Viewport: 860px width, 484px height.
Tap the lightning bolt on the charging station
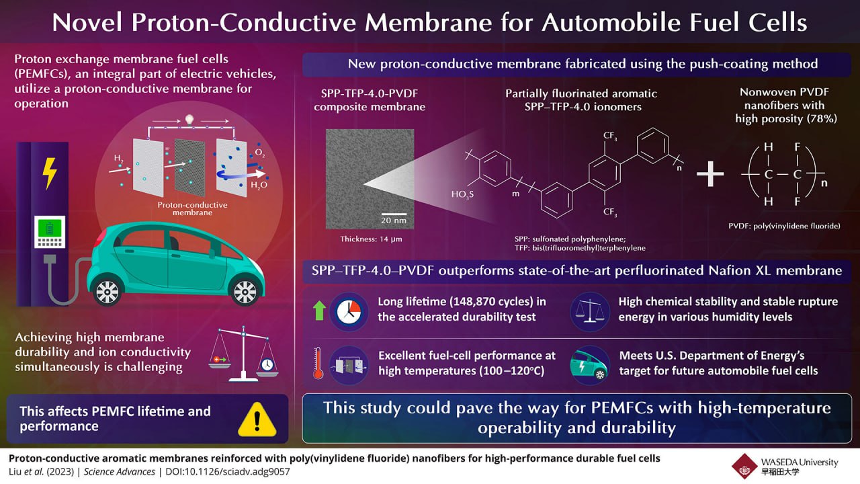coord(49,173)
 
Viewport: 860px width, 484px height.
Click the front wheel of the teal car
coord(243,290)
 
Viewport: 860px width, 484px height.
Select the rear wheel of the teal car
coord(108,291)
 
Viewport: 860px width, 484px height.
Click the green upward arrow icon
coord(320,310)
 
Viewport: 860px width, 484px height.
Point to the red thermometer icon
coord(316,364)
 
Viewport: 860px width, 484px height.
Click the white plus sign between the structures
coord(710,175)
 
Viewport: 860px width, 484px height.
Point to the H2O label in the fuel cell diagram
coord(257,184)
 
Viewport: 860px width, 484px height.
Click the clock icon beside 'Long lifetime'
coord(349,310)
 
